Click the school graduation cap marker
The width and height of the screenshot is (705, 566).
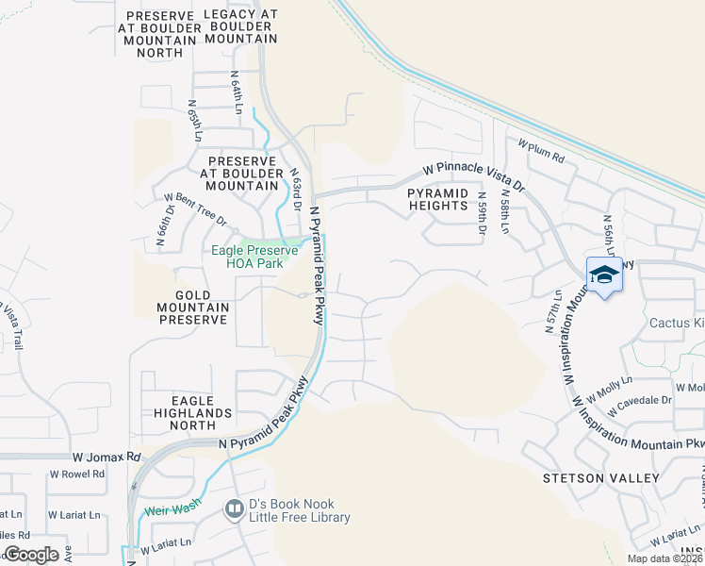click(604, 275)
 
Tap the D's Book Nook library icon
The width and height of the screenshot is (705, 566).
click(234, 509)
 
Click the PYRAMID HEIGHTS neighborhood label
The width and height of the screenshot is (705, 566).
click(437, 198)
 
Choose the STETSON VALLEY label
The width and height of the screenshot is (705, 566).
click(600, 478)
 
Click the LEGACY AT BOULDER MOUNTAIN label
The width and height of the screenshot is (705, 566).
click(242, 26)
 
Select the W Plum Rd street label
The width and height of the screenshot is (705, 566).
click(541, 151)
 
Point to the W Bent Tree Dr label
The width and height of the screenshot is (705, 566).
click(195, 209)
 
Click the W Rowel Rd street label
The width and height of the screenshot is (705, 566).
click(77, 474)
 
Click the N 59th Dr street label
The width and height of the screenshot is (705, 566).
click(481, 218)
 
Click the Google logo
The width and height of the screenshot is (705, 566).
click(32, 555)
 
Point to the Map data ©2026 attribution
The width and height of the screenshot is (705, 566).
click(664, 558)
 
